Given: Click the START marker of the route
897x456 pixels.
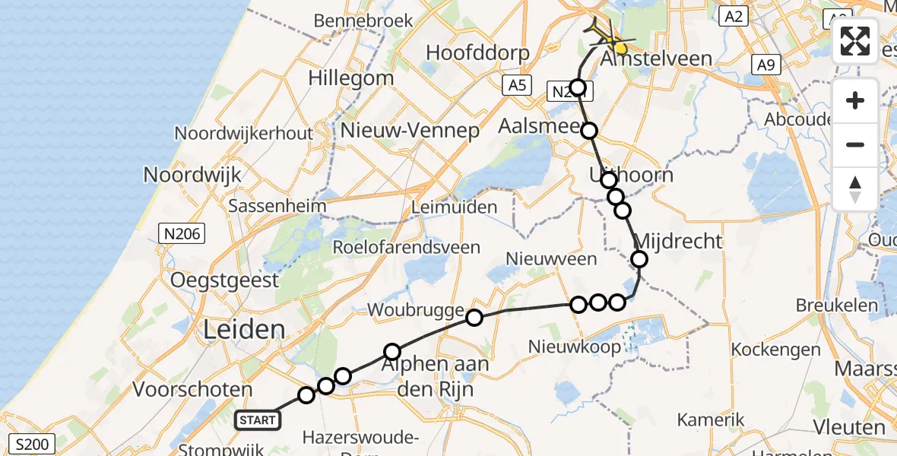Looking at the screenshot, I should pyautogui.click(x=258, y=420).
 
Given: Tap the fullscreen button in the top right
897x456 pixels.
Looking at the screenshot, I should pyautogui.click(x=855, y=41).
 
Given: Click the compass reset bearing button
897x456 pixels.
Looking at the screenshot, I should pyautogui.click(x=855, y=188).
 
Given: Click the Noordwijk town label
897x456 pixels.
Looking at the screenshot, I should pyautogui.click(x=192, y=175).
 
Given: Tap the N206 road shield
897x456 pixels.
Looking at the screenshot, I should pyautogui.click(x=182, y=234).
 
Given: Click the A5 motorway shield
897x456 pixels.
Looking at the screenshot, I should pyautogui.click(x=516, y=84).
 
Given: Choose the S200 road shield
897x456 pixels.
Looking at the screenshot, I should pyautogui.click(x=32, y=442).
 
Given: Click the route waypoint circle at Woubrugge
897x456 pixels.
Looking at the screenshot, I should pyautogui.click(x=474, y=317).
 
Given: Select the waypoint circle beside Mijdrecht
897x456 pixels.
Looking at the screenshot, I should pyautogui.click(x=639, y=259).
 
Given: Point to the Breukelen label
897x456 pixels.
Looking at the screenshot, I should pyautogui.click(x=836, y=306).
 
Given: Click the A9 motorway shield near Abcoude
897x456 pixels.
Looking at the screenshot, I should pyautogui.click(x=766, y=65).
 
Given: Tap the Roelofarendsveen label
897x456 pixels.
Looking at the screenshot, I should pyautogui.click(x=407, y=247).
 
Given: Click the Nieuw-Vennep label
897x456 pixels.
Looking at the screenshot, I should pyautogui.click(x=410, y=131).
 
